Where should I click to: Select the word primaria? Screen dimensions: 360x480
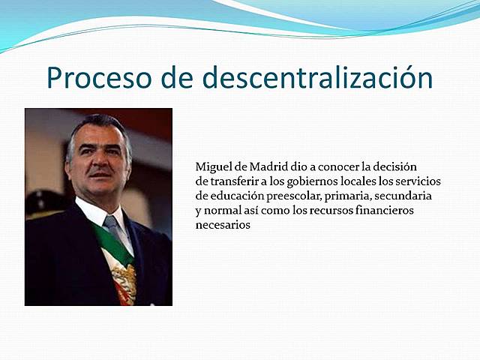click(x=368, y=196)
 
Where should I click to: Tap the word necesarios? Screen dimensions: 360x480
click(x=223, y=225)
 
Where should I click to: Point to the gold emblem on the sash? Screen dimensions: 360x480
click(x=124, y=282)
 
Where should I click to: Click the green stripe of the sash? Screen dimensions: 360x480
click(x=118, y=248)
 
